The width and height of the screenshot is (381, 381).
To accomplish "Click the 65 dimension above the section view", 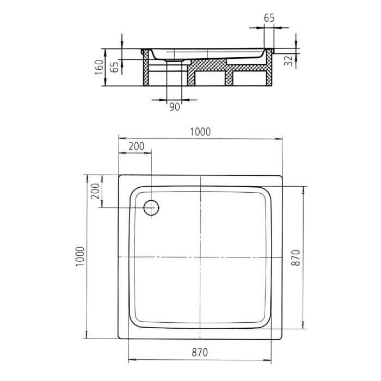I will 269,17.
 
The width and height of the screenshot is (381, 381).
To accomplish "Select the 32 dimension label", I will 288,60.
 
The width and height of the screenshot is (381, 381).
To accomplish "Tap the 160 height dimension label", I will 99,67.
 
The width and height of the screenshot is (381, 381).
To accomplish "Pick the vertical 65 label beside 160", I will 114,67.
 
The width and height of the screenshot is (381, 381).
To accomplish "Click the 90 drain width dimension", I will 174,107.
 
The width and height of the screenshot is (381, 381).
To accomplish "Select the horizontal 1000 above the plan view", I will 200,131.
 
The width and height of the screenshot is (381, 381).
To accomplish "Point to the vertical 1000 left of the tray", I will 79,256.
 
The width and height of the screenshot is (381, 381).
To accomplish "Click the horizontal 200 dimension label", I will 136,146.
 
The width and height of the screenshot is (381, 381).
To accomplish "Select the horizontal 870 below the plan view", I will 200,352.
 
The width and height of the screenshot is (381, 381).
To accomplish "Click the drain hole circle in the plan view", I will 151,207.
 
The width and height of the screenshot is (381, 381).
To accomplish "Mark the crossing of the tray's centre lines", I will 201,257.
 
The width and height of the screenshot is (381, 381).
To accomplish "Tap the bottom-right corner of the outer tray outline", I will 282,338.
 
